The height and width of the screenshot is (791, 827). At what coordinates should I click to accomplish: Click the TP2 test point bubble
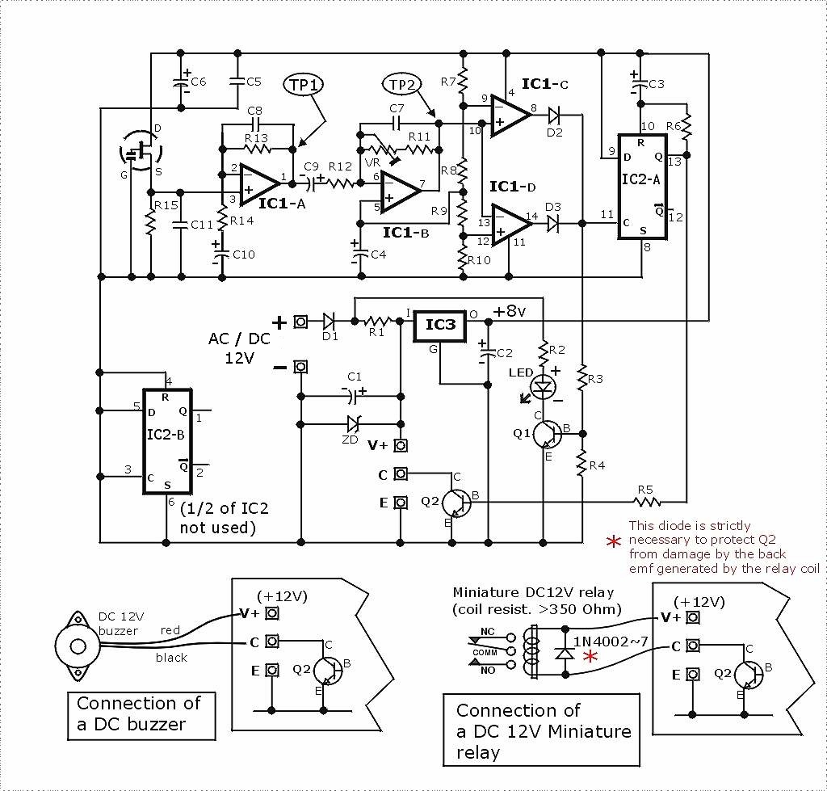point(401,85)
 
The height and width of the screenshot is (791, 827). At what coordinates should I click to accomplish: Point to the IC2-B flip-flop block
point(168,438)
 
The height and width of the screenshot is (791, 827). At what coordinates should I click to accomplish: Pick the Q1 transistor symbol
point(548,434)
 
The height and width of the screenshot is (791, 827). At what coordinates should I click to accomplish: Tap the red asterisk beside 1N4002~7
point(590,657)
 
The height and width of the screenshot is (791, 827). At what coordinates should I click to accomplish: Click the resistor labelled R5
point(647,502)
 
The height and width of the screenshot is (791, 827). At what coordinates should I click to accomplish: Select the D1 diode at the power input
point(330,322)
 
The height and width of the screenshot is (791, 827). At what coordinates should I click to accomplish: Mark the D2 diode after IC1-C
point(555,116)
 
